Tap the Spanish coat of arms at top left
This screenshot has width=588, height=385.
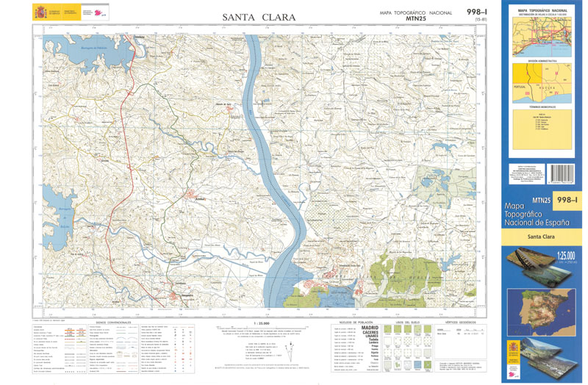click(x=40, y=12)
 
